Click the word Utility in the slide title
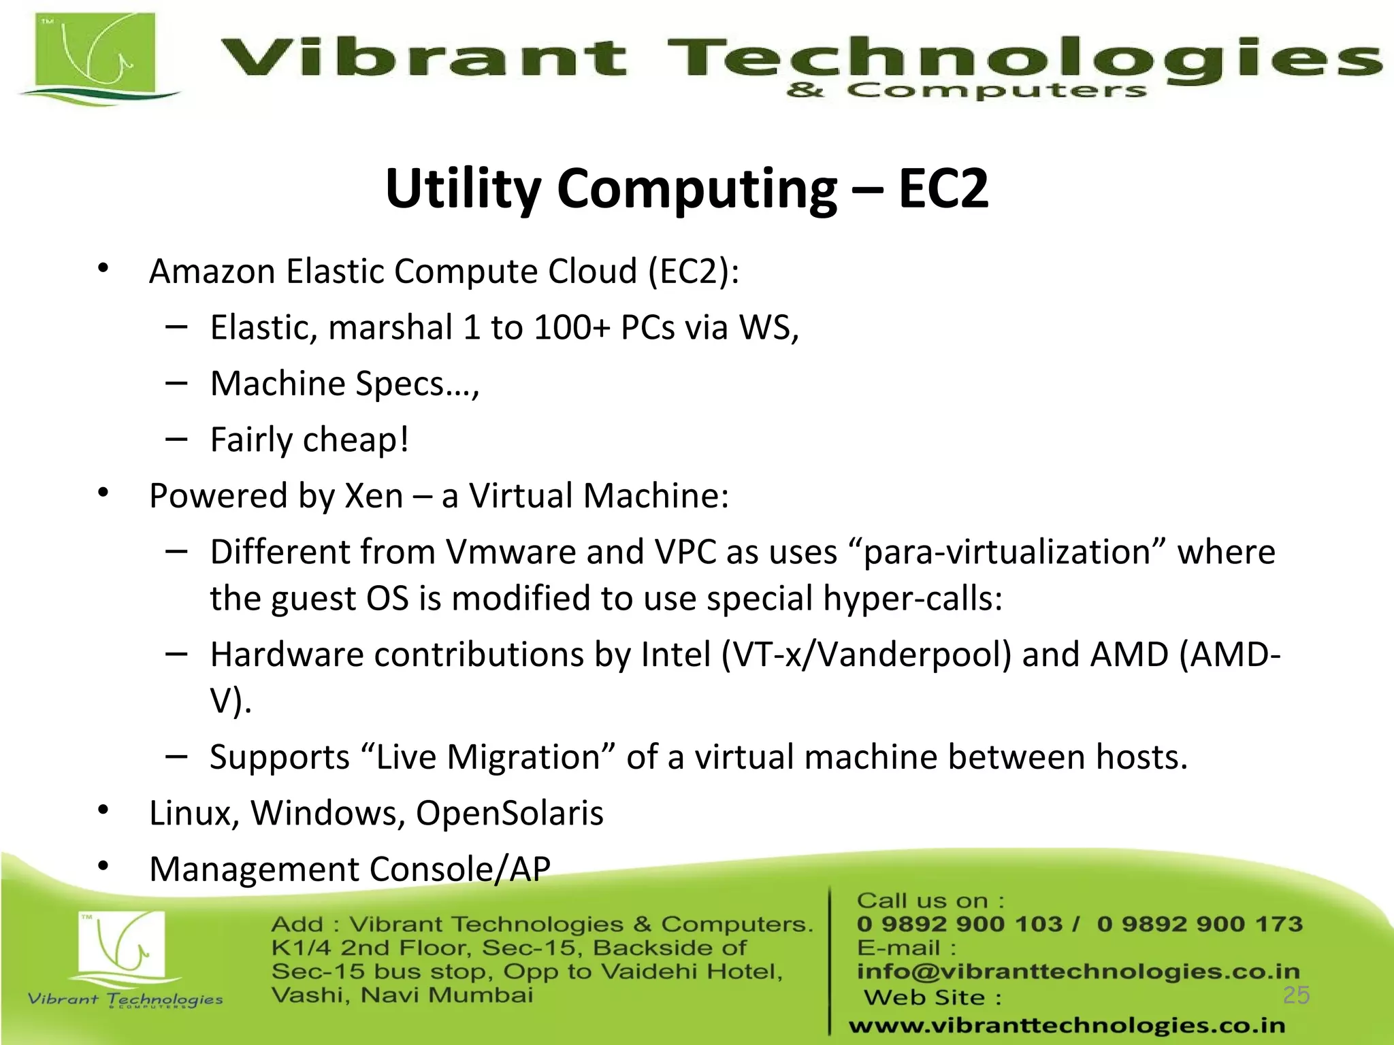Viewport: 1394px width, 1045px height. point(462,188)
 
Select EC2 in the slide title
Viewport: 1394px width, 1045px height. point(943,188)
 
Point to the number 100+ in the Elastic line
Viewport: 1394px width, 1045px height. point(572,327)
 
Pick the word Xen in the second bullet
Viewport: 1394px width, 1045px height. point(374,495)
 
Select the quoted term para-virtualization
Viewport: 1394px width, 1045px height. point(1007,552)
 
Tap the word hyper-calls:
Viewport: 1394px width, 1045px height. point(912,599)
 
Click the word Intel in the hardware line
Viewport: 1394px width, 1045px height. point(675,654)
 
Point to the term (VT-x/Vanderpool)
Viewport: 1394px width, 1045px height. point(866,654)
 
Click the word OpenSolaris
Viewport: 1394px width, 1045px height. point(509,813)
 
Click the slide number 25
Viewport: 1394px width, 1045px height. point(1296,995)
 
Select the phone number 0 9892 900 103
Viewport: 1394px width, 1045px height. point(959,924)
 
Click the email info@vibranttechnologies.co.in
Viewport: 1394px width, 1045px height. point(1078,971)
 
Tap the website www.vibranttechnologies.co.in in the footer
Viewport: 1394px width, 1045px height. point(1067,1025)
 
